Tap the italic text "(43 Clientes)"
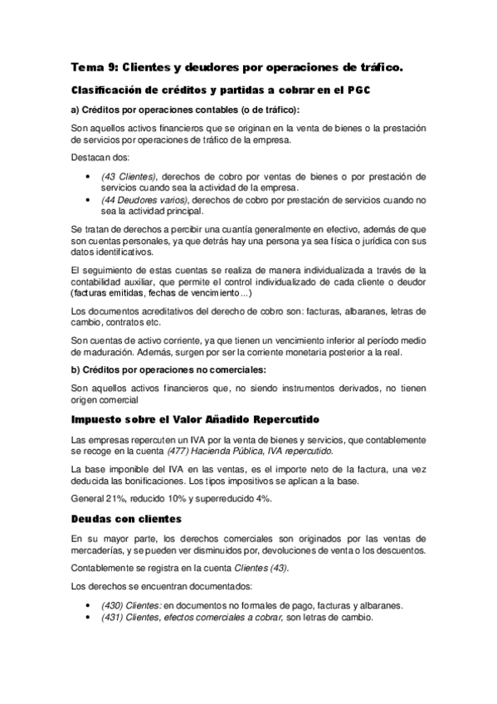coord(129,176)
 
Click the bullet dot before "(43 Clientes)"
coord(89,177)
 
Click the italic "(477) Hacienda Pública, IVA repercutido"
coord(253,451)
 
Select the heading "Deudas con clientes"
coord(126,520)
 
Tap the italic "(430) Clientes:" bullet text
coord(131,605)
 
